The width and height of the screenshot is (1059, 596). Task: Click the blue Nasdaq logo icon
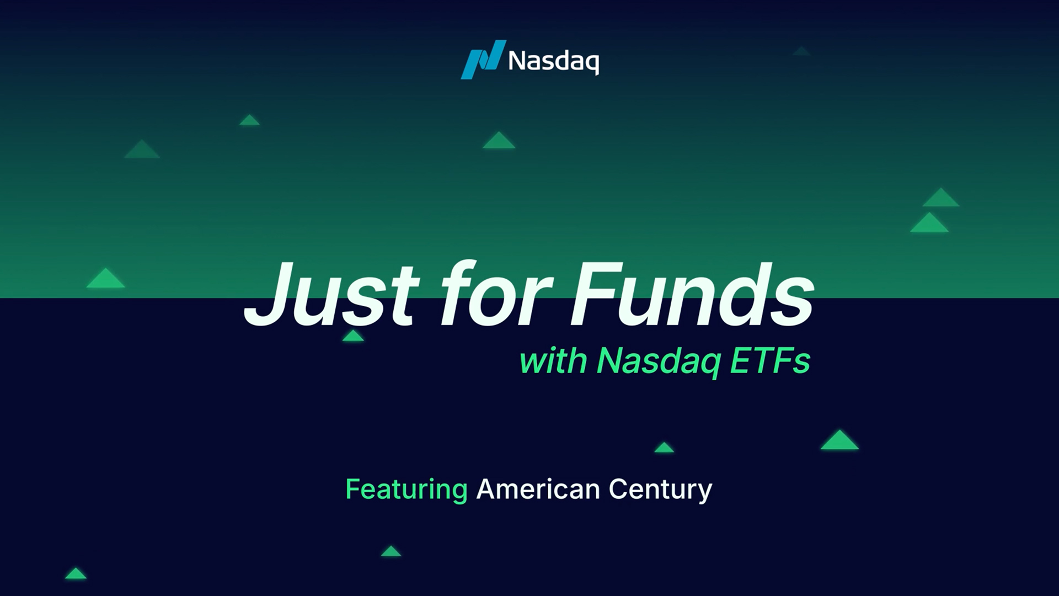point(483,60)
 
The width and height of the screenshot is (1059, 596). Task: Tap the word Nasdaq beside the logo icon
point(553,61)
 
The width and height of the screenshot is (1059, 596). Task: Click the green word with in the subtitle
point(553,361)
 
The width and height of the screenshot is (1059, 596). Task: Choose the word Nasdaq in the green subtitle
point(659,362)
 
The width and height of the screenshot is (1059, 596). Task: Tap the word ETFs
point(770,361)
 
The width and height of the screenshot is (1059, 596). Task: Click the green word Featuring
point(407,490)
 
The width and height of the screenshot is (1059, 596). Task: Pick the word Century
point(660,490)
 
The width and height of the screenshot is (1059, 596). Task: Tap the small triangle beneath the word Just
point(353,336)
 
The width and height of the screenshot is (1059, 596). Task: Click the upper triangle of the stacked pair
point(941,198)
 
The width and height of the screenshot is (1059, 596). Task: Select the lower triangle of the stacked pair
point(929,223)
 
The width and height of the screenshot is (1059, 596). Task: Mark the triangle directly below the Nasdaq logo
point(499,141)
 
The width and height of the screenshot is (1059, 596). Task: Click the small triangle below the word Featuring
point(391,551)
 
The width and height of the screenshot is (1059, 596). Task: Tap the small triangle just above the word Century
point(664,448)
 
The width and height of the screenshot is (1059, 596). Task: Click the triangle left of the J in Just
point(105,279)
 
